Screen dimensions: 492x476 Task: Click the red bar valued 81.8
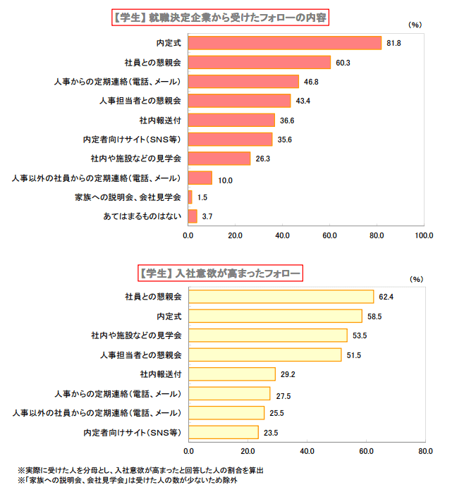[285, 43]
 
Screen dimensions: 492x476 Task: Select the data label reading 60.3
[343, 63]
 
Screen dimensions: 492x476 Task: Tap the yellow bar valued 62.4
[281, 297]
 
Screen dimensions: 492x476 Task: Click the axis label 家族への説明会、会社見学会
[127, 197]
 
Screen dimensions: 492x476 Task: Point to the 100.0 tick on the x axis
[424, 235]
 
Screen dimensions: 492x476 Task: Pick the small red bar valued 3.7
[193, 216]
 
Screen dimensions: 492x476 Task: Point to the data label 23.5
[270, 433]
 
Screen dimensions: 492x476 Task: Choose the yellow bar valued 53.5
[268, 336]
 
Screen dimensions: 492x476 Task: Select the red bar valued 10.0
[200, 178]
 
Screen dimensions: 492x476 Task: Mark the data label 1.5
[202, 197]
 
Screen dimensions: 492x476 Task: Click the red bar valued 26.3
[219, 159]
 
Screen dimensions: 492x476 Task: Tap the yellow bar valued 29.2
[231, 374]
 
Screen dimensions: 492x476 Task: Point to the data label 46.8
[311, 82]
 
